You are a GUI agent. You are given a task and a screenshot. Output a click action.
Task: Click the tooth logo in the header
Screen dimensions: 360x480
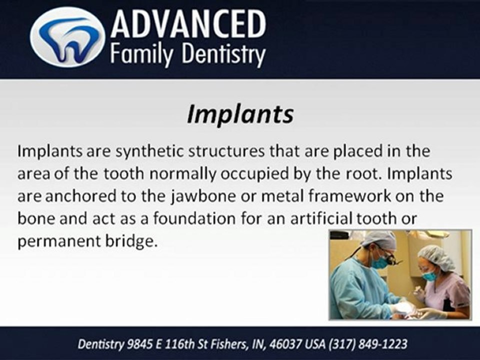point(67,37)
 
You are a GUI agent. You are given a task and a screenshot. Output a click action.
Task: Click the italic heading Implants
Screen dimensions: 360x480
point(240,114)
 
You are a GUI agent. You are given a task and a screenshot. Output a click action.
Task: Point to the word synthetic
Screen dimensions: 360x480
point(144,151)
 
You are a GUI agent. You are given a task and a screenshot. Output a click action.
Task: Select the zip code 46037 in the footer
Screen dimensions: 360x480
point(283,344)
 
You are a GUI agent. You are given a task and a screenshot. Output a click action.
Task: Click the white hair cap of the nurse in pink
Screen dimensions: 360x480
point(434,257)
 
